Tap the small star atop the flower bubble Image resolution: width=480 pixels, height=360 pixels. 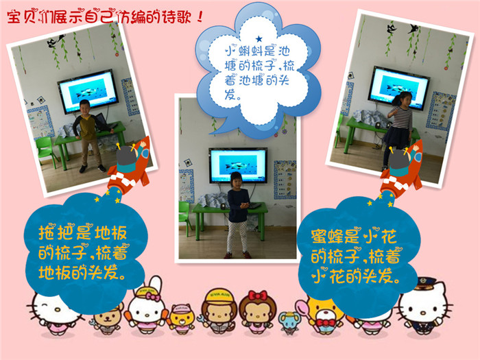point(259,39)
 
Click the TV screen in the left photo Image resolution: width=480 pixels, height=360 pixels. point(88,91)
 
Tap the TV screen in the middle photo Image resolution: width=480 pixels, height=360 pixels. point(238,165)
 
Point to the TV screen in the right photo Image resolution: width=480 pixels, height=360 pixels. point(399,87)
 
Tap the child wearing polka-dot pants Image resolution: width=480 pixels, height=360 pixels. point(238,215)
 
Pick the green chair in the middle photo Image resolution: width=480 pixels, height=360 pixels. point(184,218)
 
